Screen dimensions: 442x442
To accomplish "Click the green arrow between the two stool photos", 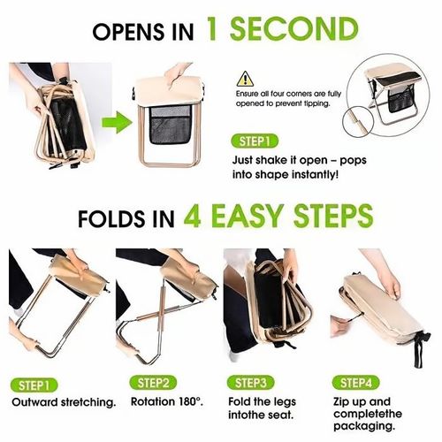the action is point(117,122).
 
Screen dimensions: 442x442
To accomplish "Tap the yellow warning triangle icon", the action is point(245,79).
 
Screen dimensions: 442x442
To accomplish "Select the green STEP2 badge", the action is point(153,383).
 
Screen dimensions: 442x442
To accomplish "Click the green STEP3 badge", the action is point(250,383).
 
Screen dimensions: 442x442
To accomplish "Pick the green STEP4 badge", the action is point(356,383).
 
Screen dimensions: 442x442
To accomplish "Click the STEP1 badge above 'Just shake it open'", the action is point(255,141).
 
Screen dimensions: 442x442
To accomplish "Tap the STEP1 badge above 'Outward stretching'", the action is point(34,385).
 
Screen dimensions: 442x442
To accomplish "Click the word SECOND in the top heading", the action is point(294,29).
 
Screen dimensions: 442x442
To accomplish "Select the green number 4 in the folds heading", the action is point(193,216).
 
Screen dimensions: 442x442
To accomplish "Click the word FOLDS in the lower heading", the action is point(111,218).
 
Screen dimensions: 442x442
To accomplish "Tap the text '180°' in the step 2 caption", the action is point(191,401).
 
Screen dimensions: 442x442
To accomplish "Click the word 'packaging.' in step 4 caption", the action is point(364,426).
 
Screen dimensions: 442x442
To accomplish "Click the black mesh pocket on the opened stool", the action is point(170,126).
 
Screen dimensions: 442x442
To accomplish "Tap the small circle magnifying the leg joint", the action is point(358,122).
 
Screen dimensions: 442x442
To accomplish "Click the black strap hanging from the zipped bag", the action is point(420,350).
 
